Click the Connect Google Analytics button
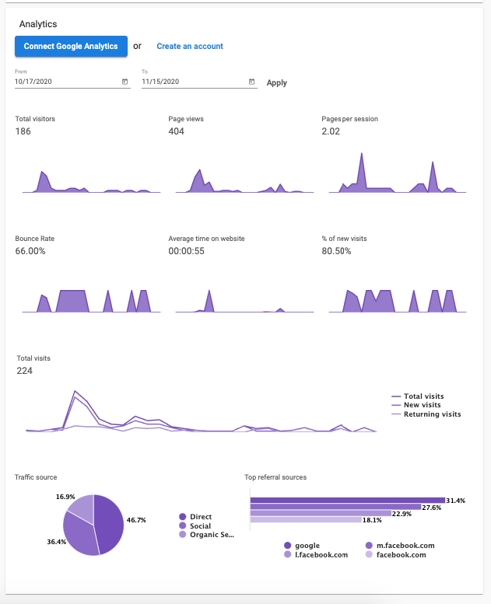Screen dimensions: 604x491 (x=71, y=46)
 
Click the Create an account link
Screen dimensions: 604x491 (x=190, y=47)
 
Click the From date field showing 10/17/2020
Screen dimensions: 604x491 (x=66, y=82)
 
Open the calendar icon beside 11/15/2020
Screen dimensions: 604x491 (x=251, y=82)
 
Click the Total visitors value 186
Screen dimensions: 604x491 (x=23, y=131)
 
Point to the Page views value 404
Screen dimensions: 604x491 (x=177, y=131)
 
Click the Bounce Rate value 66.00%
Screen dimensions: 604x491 (x=30, y=251)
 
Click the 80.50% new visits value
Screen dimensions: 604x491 (x=336, y=251)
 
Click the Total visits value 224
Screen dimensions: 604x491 (x=25, y=371)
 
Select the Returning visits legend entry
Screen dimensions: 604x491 (x=432, y=414)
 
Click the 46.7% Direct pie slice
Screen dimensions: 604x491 (x=108, y=521)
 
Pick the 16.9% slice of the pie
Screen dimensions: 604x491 (x=81, y=507)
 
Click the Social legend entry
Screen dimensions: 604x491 (x=200, y=526)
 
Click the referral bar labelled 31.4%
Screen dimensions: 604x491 (x=347, y=501)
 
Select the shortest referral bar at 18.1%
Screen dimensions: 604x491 (x=306, y=519)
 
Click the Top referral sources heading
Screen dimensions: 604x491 (x=275, y=477)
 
